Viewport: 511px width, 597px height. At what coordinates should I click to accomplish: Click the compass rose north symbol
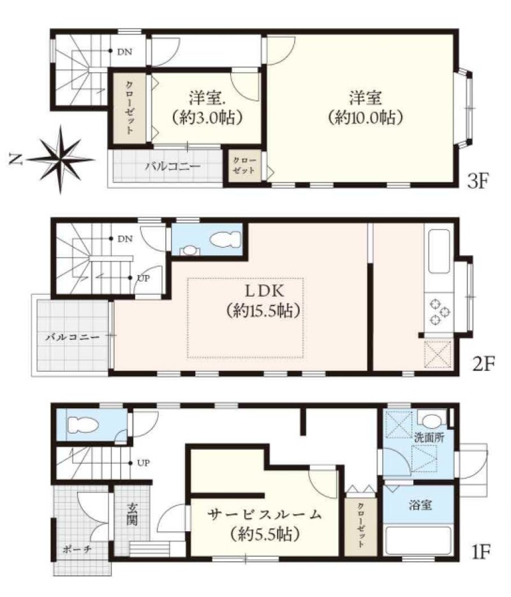[61, 159]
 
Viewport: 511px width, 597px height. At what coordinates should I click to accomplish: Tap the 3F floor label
[477, 181]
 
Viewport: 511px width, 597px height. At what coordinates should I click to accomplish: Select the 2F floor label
[483, 364]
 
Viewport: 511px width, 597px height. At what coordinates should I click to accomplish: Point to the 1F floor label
[480, 551]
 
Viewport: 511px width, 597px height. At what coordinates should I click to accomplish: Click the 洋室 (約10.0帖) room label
[365, 107]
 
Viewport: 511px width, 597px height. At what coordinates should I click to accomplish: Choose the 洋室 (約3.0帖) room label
[207, 107]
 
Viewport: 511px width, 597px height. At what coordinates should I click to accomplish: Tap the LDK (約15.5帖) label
[263, 301]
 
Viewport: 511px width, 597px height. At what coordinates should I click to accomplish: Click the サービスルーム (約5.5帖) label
[264, 525]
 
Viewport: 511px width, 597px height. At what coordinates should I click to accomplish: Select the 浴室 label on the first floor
[420, 505]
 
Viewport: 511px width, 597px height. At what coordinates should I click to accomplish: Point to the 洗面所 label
[429, 438]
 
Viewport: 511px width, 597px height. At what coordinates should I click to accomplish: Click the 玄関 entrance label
[132, 514]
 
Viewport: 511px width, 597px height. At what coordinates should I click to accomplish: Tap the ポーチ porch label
[77, 549]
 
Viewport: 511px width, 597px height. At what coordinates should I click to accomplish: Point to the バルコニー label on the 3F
[172, 166]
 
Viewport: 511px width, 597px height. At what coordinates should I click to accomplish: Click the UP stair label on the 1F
[143, 463]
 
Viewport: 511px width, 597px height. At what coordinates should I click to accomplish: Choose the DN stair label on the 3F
[124, 52]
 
